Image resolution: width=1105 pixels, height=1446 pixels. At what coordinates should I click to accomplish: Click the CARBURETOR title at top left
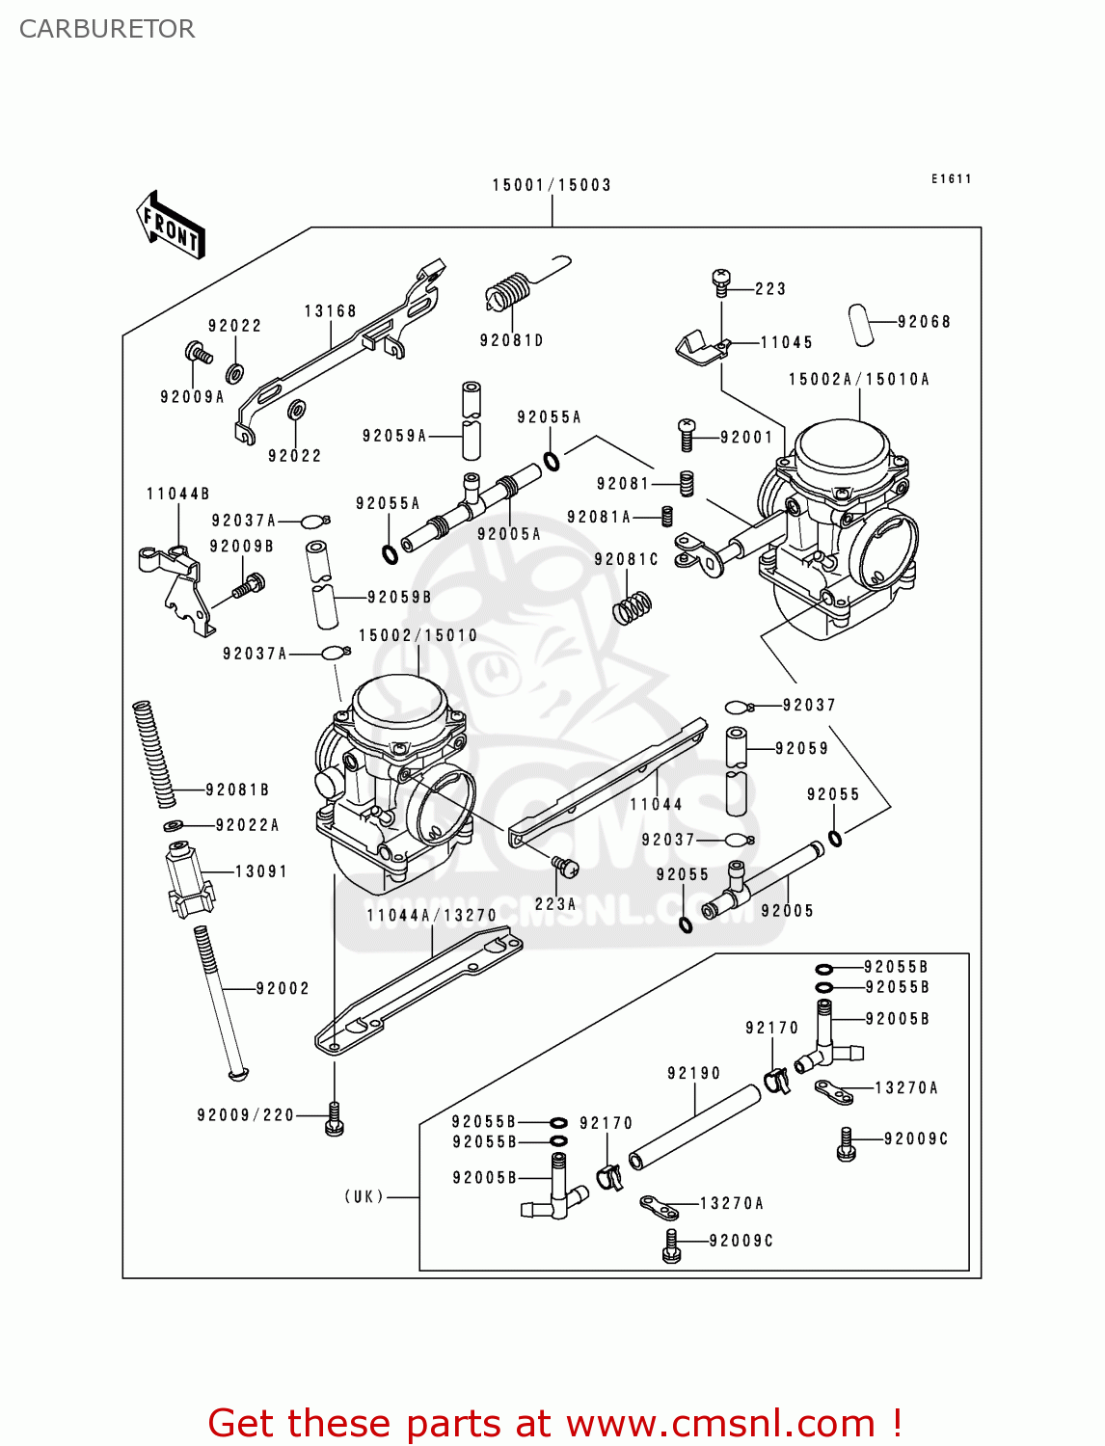click(x=107, y=29)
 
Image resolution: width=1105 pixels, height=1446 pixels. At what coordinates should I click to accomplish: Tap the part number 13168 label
click(x=331, y=311)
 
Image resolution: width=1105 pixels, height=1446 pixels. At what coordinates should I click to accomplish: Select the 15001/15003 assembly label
click(x=552, y=185)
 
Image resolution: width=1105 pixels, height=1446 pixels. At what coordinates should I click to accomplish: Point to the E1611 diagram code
click(x=952, y=179)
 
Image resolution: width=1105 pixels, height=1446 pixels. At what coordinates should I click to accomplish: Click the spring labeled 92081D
click(x=508, y=290)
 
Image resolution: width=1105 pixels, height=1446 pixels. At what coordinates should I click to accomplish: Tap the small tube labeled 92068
click(x=860, y=324)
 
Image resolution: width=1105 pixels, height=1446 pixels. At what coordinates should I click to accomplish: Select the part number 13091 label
click(x=261, y=871)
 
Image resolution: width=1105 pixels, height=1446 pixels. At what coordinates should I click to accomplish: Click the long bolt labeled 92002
click(x=219, y=1003)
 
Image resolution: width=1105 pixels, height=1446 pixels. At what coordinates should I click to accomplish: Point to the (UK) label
click(x=364, y=1196)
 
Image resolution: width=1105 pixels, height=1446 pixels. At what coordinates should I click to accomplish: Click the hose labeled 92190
click(x=694, y=1127)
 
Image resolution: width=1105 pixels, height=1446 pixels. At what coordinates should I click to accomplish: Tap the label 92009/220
click(x=245, y=1115)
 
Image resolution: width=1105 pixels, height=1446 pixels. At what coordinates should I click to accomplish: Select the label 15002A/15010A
click(x=859, y=380)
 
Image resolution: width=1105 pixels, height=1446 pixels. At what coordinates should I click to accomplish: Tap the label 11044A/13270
click(x=432, y=916)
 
